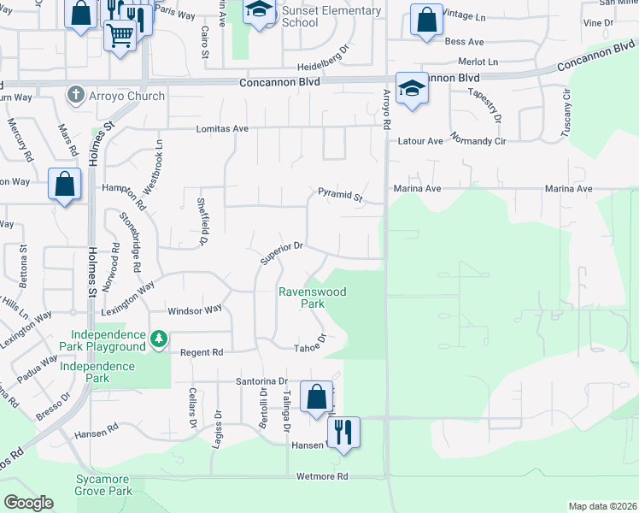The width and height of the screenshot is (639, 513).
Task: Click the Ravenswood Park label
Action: click(312, 298)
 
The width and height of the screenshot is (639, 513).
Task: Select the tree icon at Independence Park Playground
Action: click(159, 339)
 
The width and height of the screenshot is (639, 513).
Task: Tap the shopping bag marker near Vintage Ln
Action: click(426, 20)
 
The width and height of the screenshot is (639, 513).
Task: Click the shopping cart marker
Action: click(120, 35)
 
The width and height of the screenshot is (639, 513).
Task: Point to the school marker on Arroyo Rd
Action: click(412, 91)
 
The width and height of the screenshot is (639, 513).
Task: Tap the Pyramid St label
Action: click(341, 196)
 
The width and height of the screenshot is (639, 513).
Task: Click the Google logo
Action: click(28, 502)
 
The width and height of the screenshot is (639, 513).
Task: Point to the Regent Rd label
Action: click(202, 352)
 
